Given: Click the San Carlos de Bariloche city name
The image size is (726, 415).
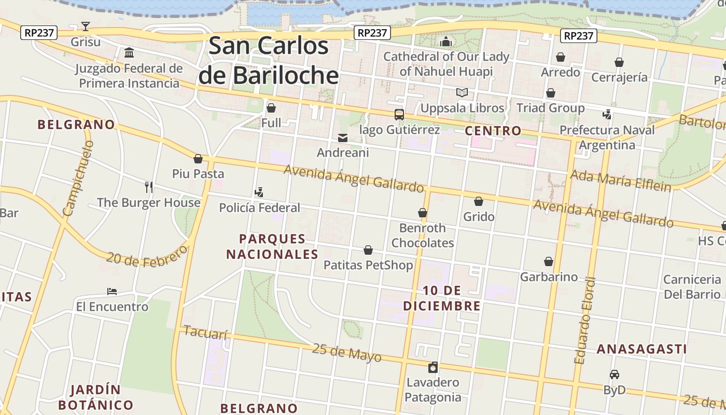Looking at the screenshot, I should (x=269, y=61).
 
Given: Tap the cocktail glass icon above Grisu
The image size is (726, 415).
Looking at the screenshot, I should (x=86, y=26).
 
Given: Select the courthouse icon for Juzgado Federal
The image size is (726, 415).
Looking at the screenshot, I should (x=129, y=53).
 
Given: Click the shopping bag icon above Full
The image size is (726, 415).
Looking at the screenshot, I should (x=271, y=108).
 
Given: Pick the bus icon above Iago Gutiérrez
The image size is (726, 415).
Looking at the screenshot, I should (x=399, y=115).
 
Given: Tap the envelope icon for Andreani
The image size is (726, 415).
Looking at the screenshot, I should (x=343, y=138).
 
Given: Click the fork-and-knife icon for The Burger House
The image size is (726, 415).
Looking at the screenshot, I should (x=149, y=187).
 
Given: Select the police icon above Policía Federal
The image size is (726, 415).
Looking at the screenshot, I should (x=259, y=192).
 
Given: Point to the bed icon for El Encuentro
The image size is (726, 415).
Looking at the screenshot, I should (x=112, y=292).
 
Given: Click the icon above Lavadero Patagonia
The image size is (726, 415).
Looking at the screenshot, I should (x=433, y=367).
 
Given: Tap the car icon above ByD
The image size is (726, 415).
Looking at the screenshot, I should (x=615, y=375).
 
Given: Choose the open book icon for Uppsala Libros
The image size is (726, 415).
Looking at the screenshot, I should (x=462, y=93).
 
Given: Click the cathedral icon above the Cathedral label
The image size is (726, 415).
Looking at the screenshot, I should (x=446, y=41).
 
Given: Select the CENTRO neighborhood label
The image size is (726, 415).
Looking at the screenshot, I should (x=493, y=131).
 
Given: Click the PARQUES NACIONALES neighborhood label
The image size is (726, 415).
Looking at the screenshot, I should (x=272, y=246).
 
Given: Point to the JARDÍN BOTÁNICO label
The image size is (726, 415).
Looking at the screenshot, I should (x=95, y=397).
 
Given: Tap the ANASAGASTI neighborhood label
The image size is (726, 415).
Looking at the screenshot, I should (x=641, y=349).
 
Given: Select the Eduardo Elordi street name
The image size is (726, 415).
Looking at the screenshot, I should (x=585, y=321).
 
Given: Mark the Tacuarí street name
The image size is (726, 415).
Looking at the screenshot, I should (x=206, y=333).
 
